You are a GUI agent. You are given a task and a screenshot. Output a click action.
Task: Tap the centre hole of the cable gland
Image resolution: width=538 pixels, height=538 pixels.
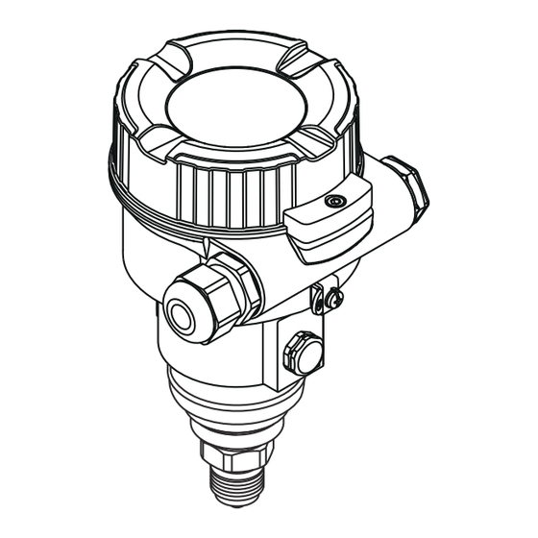[180, 312]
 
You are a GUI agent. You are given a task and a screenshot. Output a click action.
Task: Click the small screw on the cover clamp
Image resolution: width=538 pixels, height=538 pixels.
[334, 202]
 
